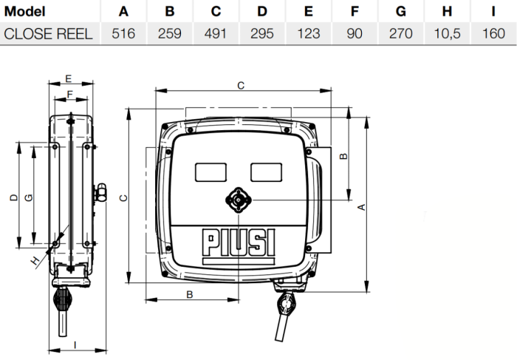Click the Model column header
25,12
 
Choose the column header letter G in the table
400,12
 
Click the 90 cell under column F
354,34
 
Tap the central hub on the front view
239,200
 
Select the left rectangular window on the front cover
211,171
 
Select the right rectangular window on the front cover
266,171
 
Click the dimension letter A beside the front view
361,208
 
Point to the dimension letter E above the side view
68,78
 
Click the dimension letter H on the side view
34,259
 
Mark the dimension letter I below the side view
75,343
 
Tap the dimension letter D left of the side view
13,198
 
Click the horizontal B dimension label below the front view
190,294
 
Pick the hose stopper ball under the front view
284,302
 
